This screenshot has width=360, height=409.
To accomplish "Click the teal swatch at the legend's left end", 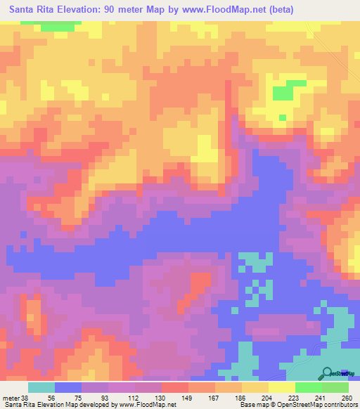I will pyautogui.click(x=41, y=387).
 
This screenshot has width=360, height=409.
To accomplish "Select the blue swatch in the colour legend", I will pyautogui.click(x=67, y=387).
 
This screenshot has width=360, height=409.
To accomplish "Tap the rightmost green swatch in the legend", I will pyautogui.click(x=335, y=387).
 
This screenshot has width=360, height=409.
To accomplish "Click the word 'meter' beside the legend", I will pyautogui.click(x=9, y=397).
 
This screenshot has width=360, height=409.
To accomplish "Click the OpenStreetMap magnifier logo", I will pyautogui.click(x=327, y=372).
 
